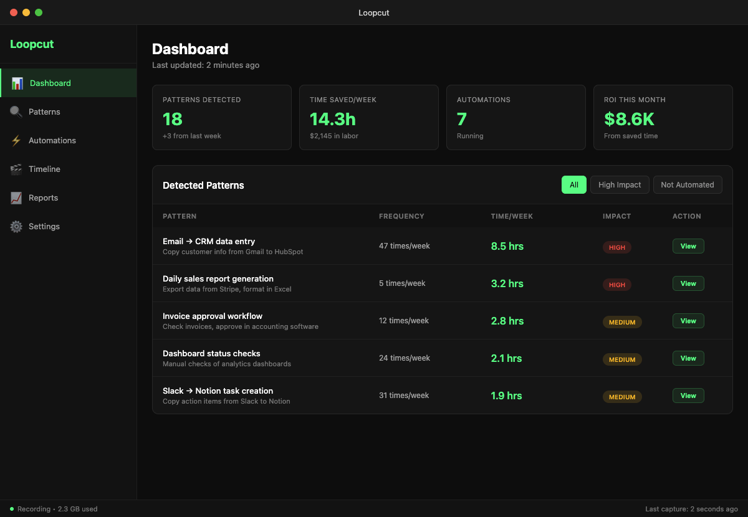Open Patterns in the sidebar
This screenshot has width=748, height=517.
(44, 112)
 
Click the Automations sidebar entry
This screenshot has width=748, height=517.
(52, 141)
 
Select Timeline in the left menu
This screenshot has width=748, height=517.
(44, 169)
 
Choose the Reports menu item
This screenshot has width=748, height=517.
(43, 198)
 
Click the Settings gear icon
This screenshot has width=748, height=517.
(16, 227)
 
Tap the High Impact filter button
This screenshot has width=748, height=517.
(620, 185)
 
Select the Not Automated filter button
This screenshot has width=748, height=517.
(687, 185)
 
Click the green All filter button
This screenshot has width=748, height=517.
(573, 185)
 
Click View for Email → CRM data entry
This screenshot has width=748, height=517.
(688, 246)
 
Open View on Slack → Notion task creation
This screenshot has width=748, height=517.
(688, 396)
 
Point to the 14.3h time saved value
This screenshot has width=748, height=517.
(333, 119)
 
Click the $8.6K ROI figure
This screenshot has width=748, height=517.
(629, 119)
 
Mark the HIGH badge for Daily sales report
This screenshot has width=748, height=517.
(616, 285)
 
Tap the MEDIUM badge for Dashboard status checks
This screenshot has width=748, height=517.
(621, 359)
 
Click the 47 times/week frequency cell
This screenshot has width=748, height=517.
(404, 246)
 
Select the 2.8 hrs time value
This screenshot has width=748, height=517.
(507, 321)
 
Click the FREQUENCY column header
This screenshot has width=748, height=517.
(401, 216)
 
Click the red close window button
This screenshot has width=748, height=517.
(14, 12)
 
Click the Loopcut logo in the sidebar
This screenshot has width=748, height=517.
(32, 44)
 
